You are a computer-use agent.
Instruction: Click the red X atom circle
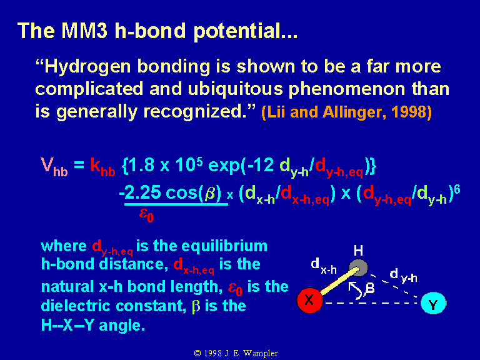click(x=309, y=300)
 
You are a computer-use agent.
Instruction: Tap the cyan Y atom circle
click(x=433, y=303)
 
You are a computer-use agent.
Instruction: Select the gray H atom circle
click(x=359, y=268)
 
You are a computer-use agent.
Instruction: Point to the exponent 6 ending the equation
click(x=457, y=189)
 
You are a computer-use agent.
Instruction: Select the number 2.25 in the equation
click(x=143, y=192)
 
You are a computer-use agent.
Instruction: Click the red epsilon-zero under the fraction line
click(x=146, y=214)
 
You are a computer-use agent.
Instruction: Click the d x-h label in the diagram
click(x=324, y=266)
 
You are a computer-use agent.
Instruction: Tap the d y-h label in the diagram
click(x=404, y=275)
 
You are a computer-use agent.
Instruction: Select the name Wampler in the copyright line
click(x=261, y=353)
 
